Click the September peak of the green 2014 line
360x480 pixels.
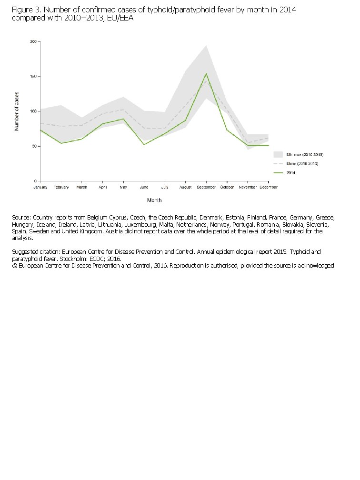pyautogui.click(x=206, y=73)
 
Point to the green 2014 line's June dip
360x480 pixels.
pyautogui.click(x=144, y=144)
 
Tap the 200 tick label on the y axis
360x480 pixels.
pyautogui.click(x=33, y=41)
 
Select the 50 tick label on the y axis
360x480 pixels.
pyautogui.click(x=35, y=146)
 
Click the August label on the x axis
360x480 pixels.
pyautogui.click(x=186, y=187)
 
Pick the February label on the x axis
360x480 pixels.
pyautogui.click(x=61, y=187)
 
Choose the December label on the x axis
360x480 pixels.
pyautogui.click(x=269, y=187)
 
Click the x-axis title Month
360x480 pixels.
pyautogui.click(x=154, y=200)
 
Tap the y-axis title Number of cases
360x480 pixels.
pyautogui.click(x=17, y=111)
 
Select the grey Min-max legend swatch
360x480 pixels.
pyautogui.click(x=278, y=154)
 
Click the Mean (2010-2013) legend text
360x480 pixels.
pyautogui.click(x=302, y=164)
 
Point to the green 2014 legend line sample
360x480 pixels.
pyautogui.click(x=278, y=173)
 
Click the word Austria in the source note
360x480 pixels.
pyautogui.click(x=113, y=231)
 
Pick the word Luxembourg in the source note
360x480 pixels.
pyautogui.click(x=140, y=224)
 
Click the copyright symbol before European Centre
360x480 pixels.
pyautogui.click(x=14, y=265)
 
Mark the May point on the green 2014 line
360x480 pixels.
pyautogui.click(x=123, y=119)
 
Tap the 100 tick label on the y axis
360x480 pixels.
pyautogui.click(x=33, y=111)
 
